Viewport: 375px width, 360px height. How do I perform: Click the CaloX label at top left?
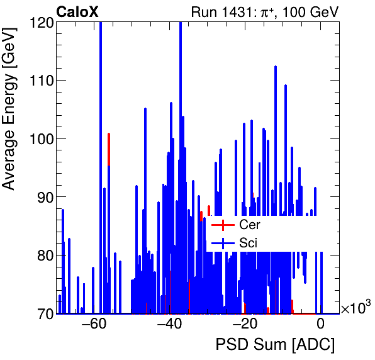click(77, 12)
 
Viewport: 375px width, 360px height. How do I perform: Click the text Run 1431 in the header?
click(225, 12)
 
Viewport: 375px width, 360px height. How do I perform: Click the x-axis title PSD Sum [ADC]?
click(275, 346)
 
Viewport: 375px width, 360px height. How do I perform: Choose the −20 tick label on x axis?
click(245, 325)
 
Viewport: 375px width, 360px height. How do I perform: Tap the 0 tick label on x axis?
click(320, 325)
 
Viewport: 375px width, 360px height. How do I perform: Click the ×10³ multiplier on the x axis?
click(355, 308)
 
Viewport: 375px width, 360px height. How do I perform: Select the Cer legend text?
click(250, 225)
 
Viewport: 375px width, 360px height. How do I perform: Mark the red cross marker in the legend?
click(222, 225)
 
